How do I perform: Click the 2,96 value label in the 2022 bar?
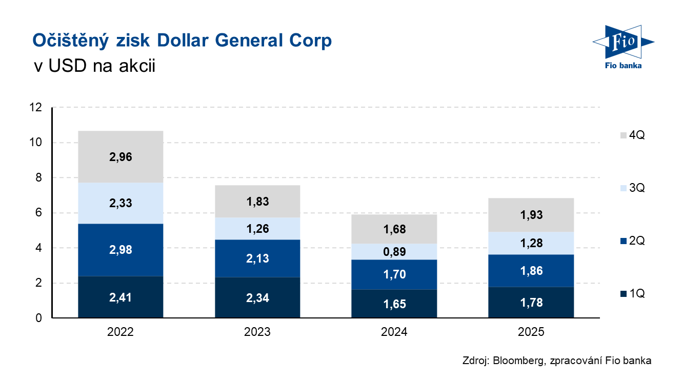pyautogui.click(x=120, y=157)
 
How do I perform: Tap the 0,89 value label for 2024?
pyautogui.click(x=394, y=252)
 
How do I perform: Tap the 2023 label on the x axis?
pyautogui.click(x=257, y=332)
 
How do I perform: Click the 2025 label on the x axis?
pyautogui.click(x=531, y=332)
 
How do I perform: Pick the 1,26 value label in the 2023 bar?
pyautogui.click(x=257, y=229)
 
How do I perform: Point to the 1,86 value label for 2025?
pyautogui.click(x=531, y=271)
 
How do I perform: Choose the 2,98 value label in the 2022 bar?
pyautogui.click(x=120, y=250)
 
